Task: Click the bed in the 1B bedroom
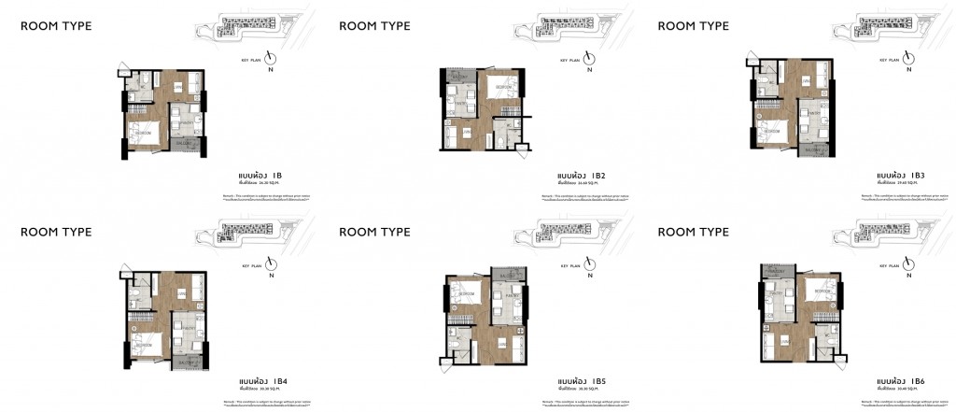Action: [x=140, y=132]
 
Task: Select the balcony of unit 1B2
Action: [x=460, y=76]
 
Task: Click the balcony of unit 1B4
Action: [x=190, y=361]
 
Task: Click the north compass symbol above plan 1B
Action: [x=272, y=58]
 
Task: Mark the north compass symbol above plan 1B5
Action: [x=590, y=264]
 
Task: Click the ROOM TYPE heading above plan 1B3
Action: [x=693, y=26]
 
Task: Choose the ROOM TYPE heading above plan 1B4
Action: [x=56, y=232]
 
